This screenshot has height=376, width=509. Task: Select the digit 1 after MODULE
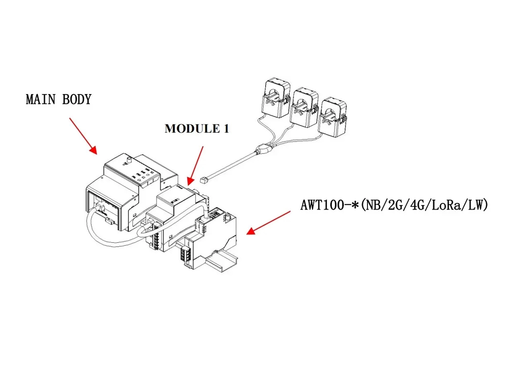225,129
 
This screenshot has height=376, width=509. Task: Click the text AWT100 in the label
320,206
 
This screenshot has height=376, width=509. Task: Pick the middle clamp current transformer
304,107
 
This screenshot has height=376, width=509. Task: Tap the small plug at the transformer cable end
204,180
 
